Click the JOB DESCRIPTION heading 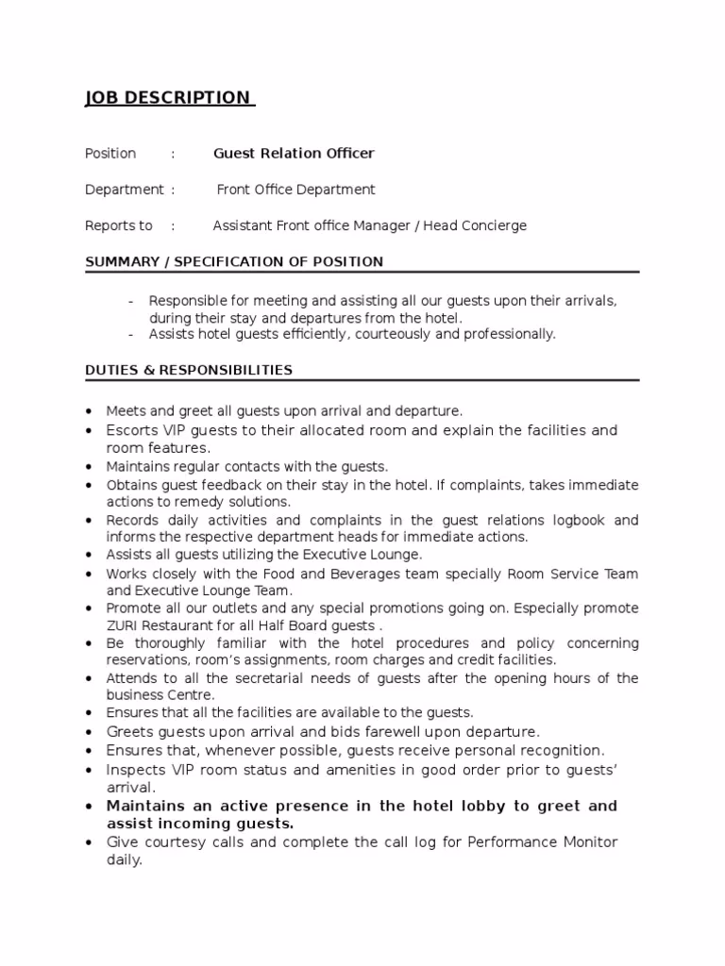[168, 98]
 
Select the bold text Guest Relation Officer [294, 153]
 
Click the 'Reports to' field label [119, 225]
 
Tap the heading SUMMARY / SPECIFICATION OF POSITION [234, 261]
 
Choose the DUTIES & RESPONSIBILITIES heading [189, 370]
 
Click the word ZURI [123, 625]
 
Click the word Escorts [131, 430]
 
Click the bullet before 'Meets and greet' [89, 411]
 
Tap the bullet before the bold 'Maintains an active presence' [89, 807]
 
